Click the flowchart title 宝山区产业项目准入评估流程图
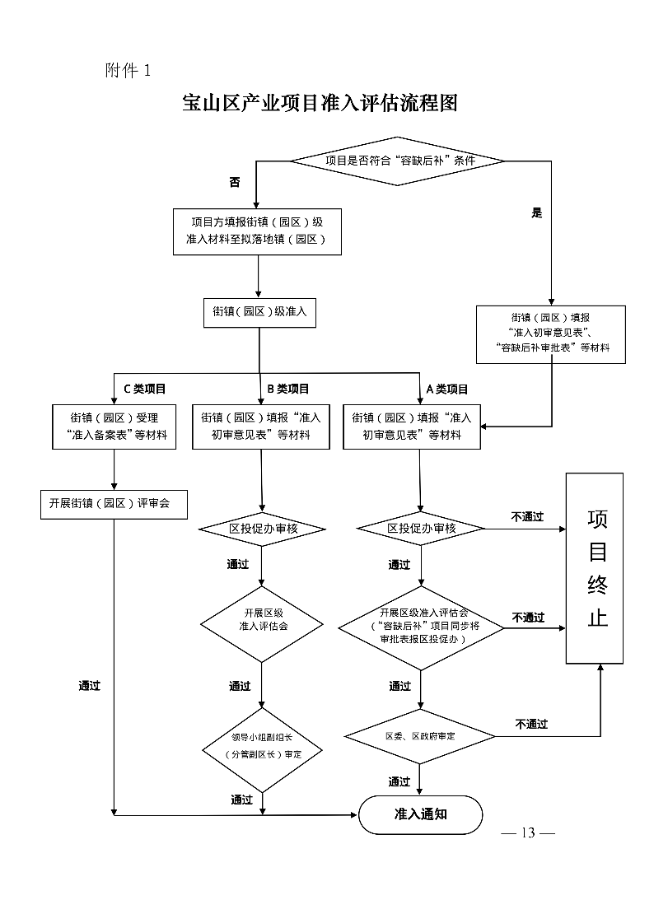320,104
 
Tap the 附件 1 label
128,70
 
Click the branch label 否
235,183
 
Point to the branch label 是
537,212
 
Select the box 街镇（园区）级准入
259,312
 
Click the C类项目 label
145,389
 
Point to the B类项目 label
287,389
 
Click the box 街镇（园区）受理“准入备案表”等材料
113,427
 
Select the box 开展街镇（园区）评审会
113,503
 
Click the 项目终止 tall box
593,568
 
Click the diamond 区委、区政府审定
420,735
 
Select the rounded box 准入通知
420,814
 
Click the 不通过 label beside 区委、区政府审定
531,724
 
